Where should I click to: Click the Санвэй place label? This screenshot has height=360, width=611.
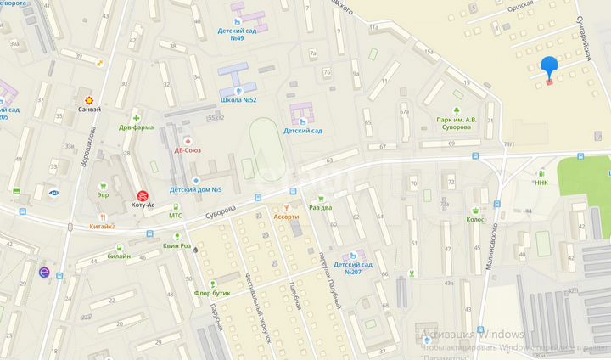coord(89,110)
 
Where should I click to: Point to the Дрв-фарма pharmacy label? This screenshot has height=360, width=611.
coord(136,127)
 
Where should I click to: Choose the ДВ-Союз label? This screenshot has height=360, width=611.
coord(188,150)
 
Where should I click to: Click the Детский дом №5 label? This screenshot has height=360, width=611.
coord(196,189)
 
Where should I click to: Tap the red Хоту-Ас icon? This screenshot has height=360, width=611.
coord(143,195)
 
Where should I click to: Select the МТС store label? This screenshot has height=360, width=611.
coord(175,215)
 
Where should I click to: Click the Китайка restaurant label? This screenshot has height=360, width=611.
coord(102,227)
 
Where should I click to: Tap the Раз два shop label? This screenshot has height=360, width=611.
coord(320,207)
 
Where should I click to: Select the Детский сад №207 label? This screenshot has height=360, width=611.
coord(354,267)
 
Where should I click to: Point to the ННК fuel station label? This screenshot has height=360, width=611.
coord(541,183)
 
